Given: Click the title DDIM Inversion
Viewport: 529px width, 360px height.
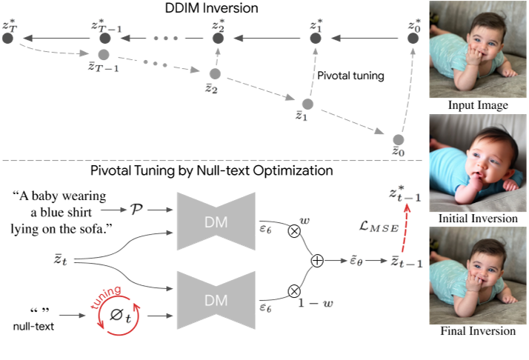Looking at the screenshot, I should point(211,8).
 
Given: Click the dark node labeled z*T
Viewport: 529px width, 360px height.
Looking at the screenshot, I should point(9,38).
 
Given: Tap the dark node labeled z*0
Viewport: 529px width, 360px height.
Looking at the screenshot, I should point(413,38).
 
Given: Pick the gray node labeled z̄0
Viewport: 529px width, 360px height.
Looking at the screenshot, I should point(399,139).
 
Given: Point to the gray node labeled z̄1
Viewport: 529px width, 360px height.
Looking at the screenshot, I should point(308,104).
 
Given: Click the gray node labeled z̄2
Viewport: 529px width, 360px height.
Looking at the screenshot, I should point(215,74).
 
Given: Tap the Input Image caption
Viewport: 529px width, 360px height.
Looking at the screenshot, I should point(478,106).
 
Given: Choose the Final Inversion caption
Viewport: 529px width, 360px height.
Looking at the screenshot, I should point(478,331).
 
